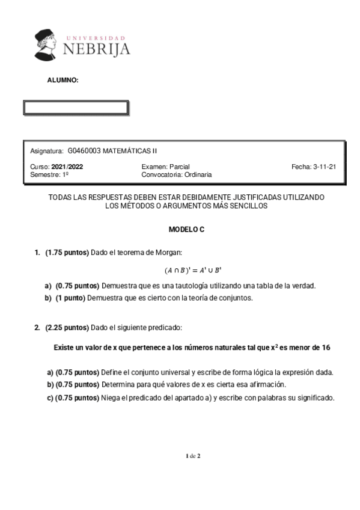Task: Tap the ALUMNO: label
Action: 63,80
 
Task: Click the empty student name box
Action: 76,108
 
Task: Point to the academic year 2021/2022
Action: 68,167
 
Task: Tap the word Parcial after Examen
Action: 180,167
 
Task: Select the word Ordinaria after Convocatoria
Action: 197,175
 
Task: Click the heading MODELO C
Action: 186,229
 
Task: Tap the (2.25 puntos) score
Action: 67,327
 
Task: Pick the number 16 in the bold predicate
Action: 326,348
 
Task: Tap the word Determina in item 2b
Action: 118,384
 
